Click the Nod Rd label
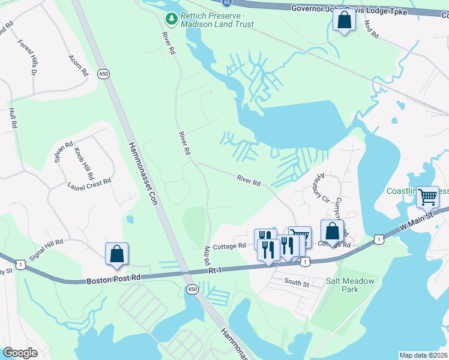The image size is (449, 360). tap(371, 32)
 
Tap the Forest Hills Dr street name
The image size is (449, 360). tap(28, 58)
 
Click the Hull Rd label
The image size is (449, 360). tap(11, 118)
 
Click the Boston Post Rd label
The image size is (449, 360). tap(113, 279)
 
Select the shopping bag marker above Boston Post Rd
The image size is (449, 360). tap(117, 254)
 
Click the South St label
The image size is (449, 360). tap(296, 282)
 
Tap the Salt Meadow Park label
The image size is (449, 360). tap(350, 285)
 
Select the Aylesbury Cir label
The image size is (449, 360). tap(318, 183)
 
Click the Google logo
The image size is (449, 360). tap(20, 353)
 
